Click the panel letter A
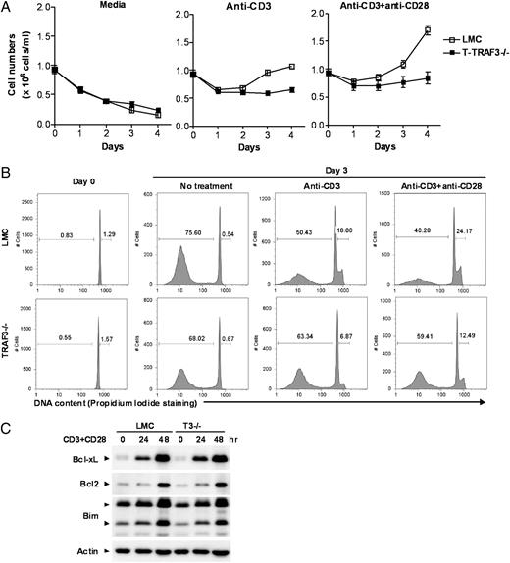click(x=8, y=8)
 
